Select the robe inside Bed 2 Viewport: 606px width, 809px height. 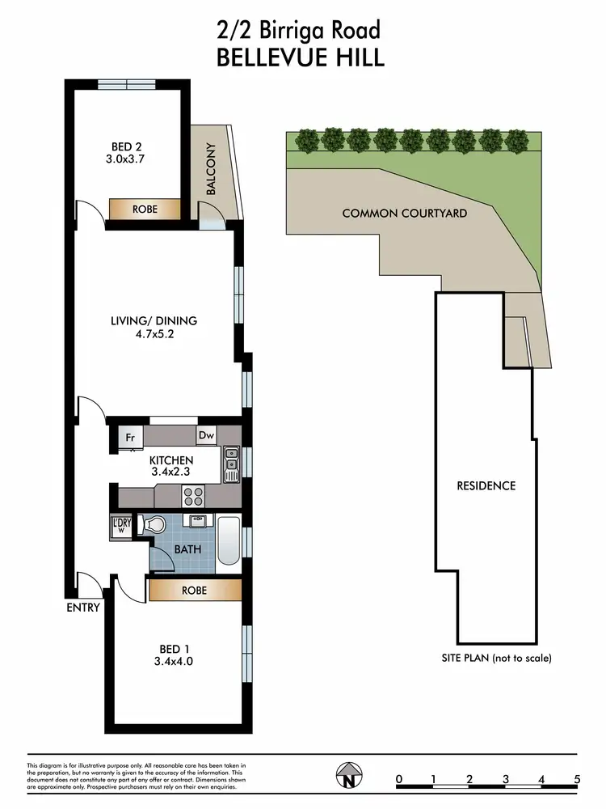pyautogui.click(x=145, y=209)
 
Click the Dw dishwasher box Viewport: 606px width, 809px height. pyautogui.click(x=206, y=435)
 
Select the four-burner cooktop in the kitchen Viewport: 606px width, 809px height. pyautogui.click(x=194, y=495)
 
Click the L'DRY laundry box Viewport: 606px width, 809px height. pyautogui.click(x=121, y=526)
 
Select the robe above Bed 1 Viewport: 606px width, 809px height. pyautogui.click(x=194, y=591)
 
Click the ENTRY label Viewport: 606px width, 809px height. pyautogui.click(x=85, y=608)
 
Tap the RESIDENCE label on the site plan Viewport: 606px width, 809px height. pyautogui.click(x=486, y=485)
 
